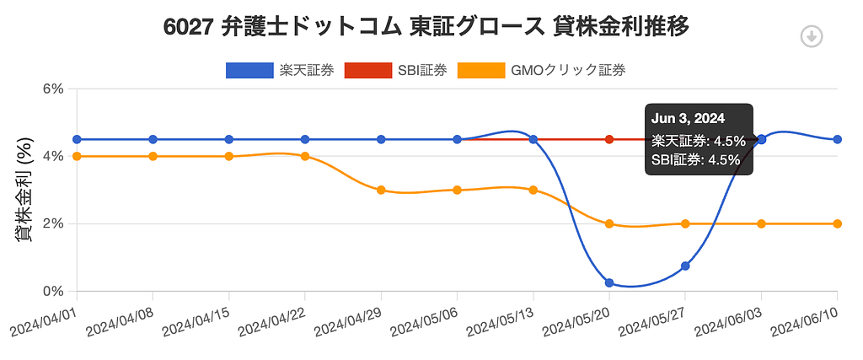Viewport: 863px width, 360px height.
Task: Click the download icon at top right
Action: click(x=811, y=36)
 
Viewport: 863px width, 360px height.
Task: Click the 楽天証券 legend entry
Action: click(x=280, y=70)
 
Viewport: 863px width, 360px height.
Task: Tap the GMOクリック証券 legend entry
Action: click(x=541, y=70)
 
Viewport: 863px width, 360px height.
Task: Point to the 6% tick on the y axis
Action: click(x=52, y=89)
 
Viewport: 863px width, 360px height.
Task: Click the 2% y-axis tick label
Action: click(x=52, y=223)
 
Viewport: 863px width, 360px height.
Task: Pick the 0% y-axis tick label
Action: click(x=52, y=291)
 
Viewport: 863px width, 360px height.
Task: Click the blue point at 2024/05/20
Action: click(x=609, y=282)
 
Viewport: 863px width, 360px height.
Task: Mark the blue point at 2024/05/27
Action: click(x=685, y=266)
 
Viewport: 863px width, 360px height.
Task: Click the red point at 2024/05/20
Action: click(x=609, y=139)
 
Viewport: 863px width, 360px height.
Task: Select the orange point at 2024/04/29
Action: click(x=381, y=190)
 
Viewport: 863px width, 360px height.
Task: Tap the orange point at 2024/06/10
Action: click(x=837, y=223)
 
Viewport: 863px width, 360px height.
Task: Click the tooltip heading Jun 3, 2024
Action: click(x=689, y=118)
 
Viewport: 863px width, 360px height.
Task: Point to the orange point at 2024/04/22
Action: click(x=305, y=156)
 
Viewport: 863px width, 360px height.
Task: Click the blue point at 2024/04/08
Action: click(x=153, y=139)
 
